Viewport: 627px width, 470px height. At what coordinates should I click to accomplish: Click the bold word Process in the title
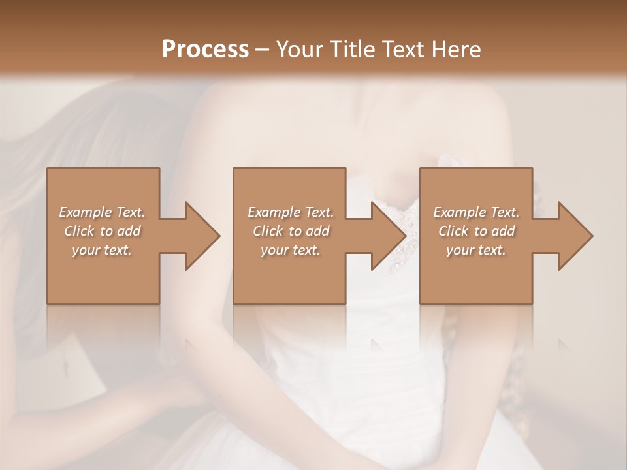[x=205, y=50]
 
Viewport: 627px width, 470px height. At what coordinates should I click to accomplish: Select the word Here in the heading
[x=457, y=50]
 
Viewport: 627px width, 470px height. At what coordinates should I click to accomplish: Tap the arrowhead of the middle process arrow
[x=388, y=236]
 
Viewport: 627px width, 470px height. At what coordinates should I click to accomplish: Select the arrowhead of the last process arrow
[x=574, y=236]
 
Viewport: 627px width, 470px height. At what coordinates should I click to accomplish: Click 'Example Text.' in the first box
[x=103, y=212]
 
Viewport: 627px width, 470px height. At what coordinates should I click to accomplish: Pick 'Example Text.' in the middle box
[x=291, y=212]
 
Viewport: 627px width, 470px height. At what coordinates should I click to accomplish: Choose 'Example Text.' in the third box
[x=476, y=212]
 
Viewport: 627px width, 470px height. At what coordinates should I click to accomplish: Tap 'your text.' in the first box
[x=103, y=250]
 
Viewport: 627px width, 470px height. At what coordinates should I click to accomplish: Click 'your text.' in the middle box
[x=291, y=250]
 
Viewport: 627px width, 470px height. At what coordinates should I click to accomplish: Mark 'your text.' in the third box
[x=476, y=250]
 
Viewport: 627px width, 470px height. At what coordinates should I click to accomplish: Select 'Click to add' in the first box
[x=103, y=231]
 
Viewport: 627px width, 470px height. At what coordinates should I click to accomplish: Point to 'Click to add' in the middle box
[x=291, y=231]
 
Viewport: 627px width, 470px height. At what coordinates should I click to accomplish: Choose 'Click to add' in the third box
[x=476, y=231]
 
